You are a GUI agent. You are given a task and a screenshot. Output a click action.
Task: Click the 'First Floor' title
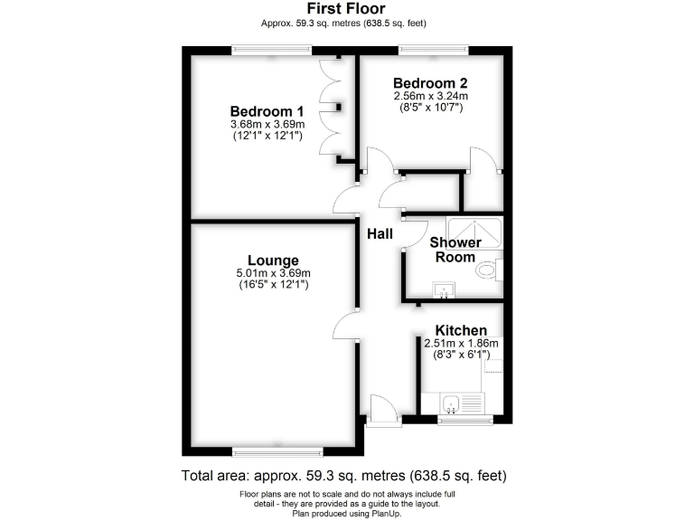coord(346,9)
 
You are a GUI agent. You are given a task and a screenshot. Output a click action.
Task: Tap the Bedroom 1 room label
coord(266,111)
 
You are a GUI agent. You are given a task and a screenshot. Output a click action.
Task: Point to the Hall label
coord(380,234)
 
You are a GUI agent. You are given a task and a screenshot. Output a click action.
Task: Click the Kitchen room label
coord(461,330)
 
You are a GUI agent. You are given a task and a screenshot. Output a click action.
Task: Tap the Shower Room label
coord(455,250)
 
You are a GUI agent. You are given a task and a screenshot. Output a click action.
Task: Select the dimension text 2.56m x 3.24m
coord(430,95)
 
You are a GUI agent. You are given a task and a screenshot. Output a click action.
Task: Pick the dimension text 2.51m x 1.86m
coord(462,343)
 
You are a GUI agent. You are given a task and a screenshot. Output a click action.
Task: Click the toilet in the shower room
coord(488,269)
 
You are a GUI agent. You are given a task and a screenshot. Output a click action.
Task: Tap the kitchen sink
coord(452,403)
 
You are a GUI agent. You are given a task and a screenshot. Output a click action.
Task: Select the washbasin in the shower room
coord(445,289)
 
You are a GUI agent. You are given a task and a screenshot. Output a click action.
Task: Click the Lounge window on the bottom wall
coord(277,450)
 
